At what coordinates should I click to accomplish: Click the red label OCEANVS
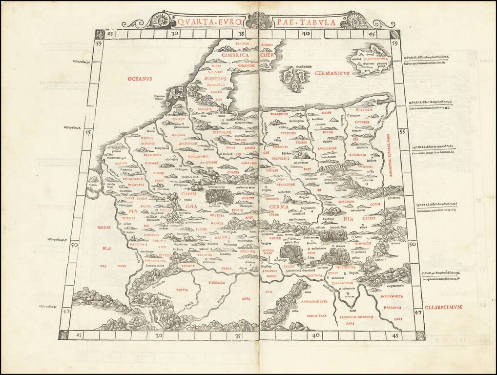[140, 78]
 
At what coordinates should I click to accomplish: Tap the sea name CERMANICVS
[331, 73]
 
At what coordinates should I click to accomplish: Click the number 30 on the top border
[176, 34]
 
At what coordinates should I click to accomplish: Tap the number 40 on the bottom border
[316, 335]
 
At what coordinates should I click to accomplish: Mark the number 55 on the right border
[402, 132]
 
